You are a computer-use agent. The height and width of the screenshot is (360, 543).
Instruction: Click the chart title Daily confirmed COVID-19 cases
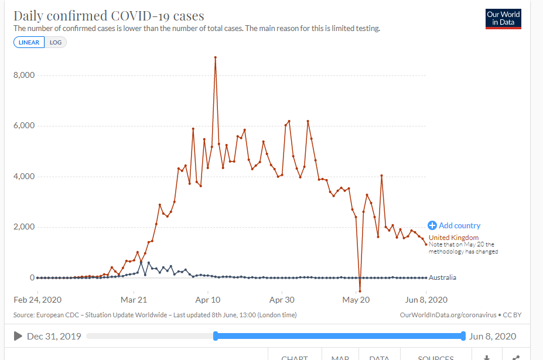click(x=109, y=16)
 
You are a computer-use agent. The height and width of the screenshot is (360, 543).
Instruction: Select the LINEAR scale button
click(x=29, y=43)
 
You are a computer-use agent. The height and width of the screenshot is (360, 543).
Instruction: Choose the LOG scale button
click(x=56, y=43)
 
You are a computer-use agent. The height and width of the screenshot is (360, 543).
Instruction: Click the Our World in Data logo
click(x=503, y=19)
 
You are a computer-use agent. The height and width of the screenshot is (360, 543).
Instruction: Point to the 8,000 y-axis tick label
click(x=24, y=76)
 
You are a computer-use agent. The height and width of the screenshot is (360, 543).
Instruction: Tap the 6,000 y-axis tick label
click(x=24, y=126)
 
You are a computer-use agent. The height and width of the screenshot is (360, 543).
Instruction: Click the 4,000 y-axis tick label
click(x=24, y=176)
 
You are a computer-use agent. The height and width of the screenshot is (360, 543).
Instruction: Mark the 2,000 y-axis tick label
click(x=24, y=227)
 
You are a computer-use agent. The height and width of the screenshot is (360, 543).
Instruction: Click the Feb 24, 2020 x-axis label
click(x=37, y=300)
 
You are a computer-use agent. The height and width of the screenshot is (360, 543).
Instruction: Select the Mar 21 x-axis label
click(x=134, y=300)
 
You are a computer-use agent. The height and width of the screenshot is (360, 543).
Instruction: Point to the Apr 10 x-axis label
click(x=208, y=300)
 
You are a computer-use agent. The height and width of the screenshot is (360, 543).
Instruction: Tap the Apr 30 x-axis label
click(x=282, y=300)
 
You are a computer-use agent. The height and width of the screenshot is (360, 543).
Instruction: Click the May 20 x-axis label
click(x=357, y=300)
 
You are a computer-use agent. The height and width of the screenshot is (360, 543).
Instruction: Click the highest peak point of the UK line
click(x=216, y=57)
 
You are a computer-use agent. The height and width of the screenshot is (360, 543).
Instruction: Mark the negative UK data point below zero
click(x=360, y=291)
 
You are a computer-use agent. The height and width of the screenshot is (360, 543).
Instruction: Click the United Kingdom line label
click(x=453, y=238)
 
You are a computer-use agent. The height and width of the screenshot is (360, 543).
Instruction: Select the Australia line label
click(x=442, y=277)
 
